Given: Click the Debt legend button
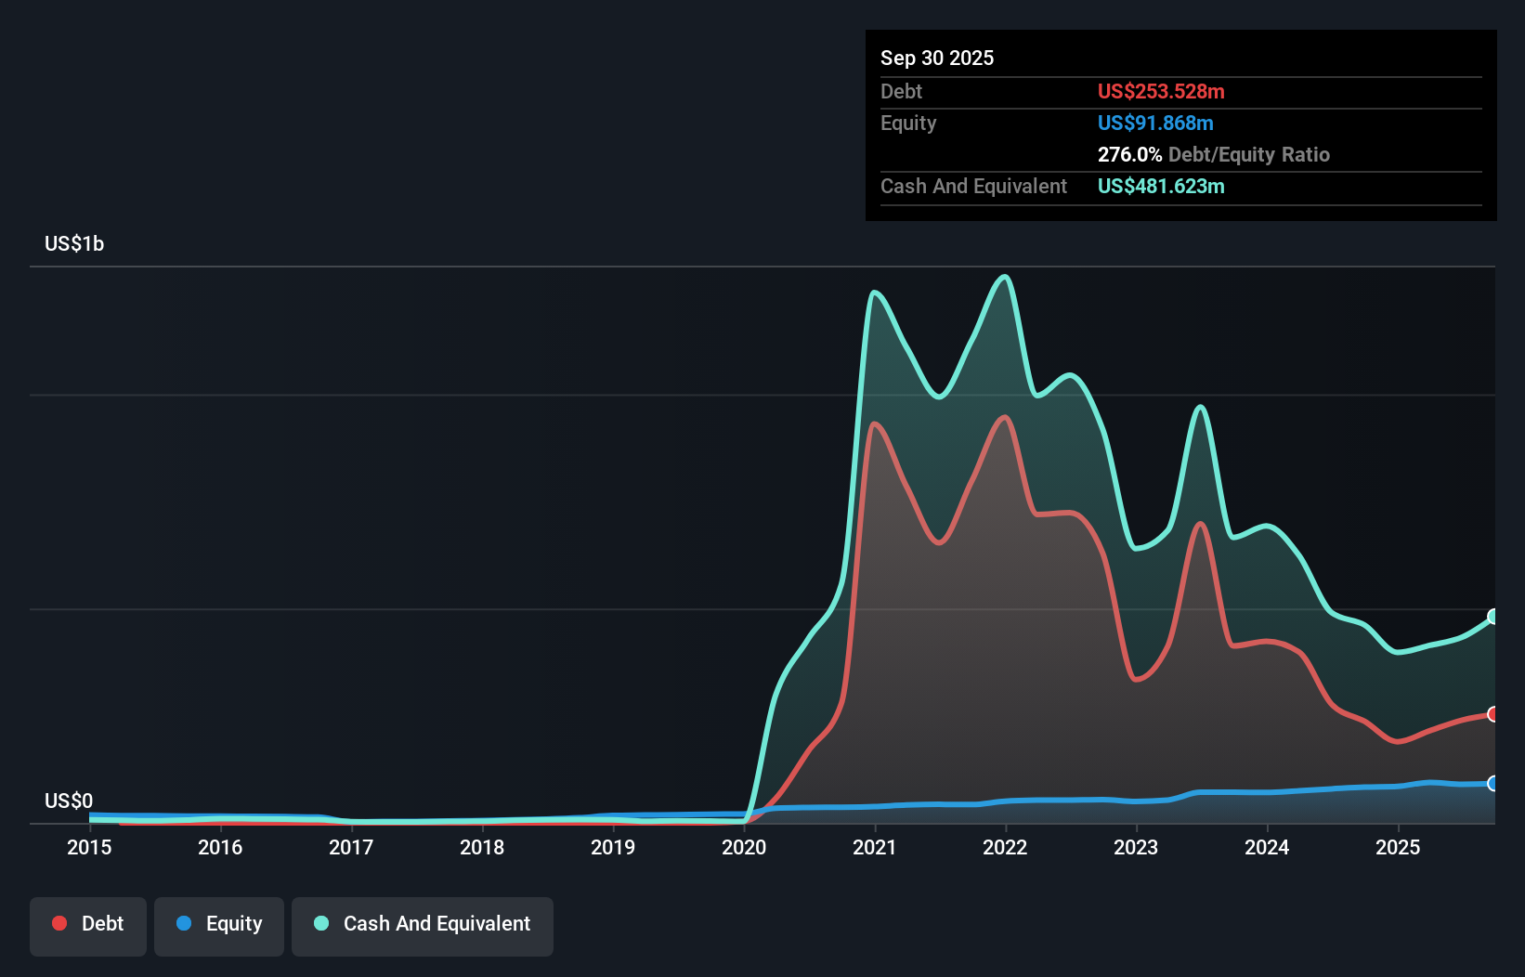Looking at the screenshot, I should coord(88,924).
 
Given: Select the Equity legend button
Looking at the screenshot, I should coord(219,924).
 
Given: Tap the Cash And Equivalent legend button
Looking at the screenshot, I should coord(423,924).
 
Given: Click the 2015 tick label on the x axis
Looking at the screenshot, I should coord(89,847).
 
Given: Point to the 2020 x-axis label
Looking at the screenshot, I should coord(744,847).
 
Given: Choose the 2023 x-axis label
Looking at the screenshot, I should coord(1136,847).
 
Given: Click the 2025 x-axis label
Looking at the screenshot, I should coord(1398,847).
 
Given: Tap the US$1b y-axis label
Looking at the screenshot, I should coord(74,244).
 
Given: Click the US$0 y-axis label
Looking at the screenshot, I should coord(69,801).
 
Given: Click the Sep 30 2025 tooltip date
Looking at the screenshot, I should coord(937,59).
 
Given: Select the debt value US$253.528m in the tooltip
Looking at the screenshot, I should coord(1161,92).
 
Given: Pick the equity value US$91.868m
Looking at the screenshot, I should coord(1155,124).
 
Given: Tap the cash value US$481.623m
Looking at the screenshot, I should coord(1161,187).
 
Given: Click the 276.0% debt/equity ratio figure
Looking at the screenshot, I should coord(1129,155).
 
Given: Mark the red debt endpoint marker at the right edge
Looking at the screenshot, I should coord(1493,714).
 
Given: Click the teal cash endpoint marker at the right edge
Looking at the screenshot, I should coord(1493,617).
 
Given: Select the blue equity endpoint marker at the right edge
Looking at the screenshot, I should coord(1493,784).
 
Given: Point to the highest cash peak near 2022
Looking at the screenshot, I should coord(1004,277).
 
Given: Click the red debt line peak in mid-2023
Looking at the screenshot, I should coord(1201,525).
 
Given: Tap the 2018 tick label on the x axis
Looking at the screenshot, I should coord(482,847).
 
